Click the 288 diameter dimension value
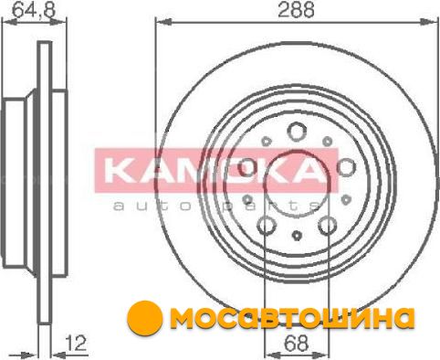[x=296, y=9]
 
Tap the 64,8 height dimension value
[x=34, y=10]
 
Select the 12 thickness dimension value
[x=77, y=344]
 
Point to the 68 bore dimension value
[x=296, y=344]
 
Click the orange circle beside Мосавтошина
[x=144, y=318]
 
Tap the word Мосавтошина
[x=292, y=318]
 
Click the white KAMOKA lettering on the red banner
[x=213, y=171]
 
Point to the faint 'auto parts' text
[x=216, y=206]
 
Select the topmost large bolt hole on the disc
[x=296, y=132]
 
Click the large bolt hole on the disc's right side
[x=347, y=168]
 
